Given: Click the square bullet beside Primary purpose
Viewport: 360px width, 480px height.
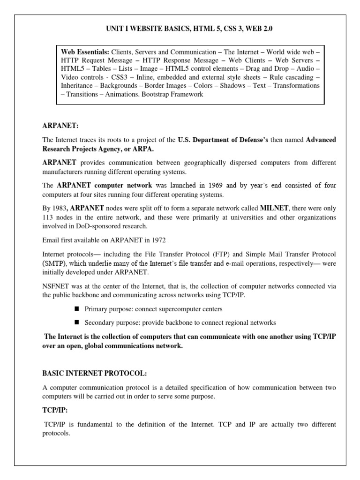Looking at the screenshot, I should pos(77,309).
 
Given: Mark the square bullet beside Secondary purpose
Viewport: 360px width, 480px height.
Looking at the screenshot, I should pos(77,322).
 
